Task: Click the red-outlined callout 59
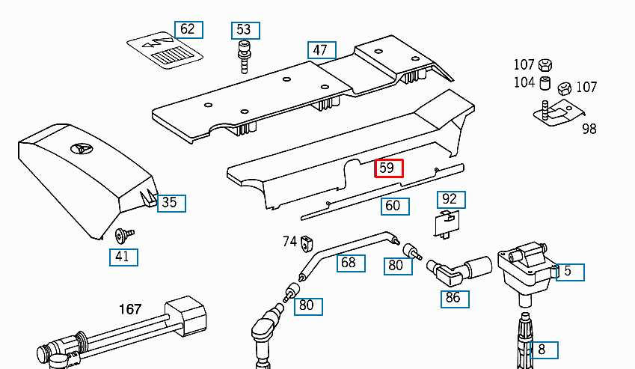(x=388, y=168)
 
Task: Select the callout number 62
(x=188, y=30)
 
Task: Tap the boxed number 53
(x=244, y=30)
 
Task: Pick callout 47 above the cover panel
(x=322, y=50)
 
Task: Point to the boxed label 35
(x=171, y=202)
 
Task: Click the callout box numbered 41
(x=123, y=257)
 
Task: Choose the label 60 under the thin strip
(x=393, y=206)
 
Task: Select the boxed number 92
(x=450, y=199)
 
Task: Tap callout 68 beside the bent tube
(x=350, y=263)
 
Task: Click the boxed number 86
(x=453, y=299)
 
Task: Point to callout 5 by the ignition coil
(x=568, y=271)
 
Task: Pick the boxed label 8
(x=542, y=349)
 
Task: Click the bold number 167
(x=131, y=308)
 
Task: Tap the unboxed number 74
(x=289, y=241)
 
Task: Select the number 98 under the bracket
(x=589, y=129)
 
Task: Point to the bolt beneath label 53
(x=243, y=57)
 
